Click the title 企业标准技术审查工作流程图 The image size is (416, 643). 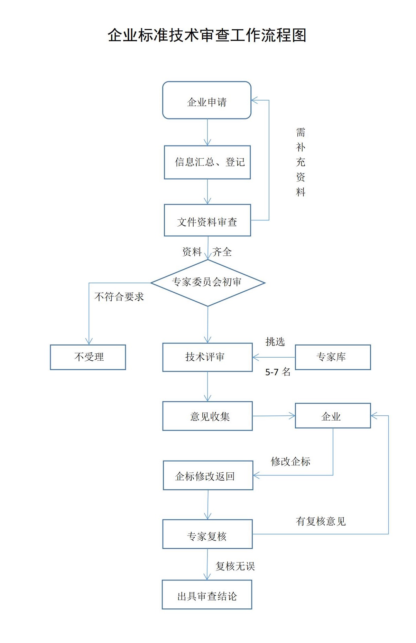207,35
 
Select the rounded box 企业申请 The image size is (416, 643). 207,101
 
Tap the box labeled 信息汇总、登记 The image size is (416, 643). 207,162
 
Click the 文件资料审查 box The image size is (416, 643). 207,220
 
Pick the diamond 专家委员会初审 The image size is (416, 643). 207,283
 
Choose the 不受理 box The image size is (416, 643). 88,357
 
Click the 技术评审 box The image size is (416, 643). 207,357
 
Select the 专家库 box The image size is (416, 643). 333,357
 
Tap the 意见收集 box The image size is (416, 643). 207,416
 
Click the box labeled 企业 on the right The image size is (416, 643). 333,416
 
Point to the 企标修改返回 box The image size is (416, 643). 208,475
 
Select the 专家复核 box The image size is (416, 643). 207,534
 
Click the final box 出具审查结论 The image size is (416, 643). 207,595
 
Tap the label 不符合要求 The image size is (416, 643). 119,297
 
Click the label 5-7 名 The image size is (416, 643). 278,372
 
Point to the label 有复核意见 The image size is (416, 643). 321,521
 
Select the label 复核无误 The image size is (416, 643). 235,566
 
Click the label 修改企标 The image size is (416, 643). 290,462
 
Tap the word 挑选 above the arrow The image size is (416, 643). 275,342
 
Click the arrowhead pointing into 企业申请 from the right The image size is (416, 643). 255,101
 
